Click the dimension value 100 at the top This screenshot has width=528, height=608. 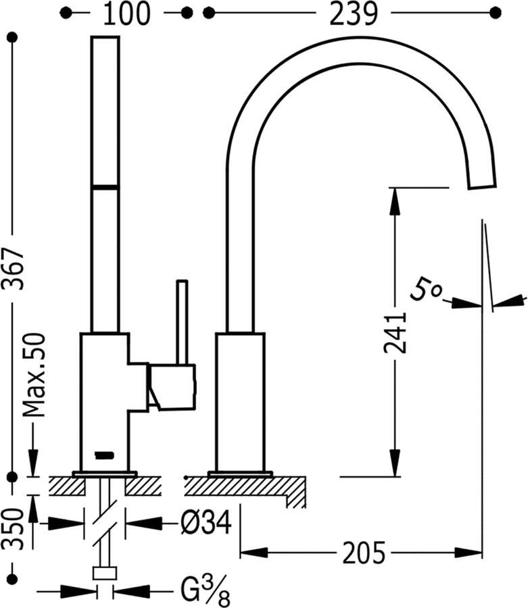tap(128, 14)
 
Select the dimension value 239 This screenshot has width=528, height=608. tap(354, 14)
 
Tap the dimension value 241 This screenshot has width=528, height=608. tap(395, 333)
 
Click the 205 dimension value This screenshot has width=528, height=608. tap(364, 553)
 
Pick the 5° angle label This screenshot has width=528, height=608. tap(426, 292)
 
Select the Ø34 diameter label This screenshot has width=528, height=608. tap(206, 522)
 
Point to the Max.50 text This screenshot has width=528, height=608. tap(34, 374)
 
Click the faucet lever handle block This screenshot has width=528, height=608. tap(173, 386)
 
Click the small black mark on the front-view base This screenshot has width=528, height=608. tap(105, 455)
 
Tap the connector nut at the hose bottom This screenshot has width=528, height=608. tap(105, 574)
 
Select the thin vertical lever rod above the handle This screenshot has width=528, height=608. tap(181, 322)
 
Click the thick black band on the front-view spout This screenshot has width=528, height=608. tap(105, 185)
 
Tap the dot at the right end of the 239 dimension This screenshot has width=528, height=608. tap(496, 13)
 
